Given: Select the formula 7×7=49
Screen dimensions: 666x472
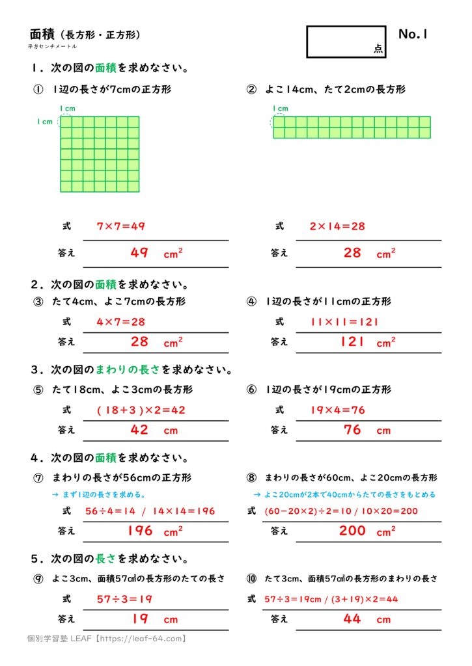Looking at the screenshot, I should pyautogui.click(x=120, y=226).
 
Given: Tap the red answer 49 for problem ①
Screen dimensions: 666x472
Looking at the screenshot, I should pyautogui.click(x=139, y=253).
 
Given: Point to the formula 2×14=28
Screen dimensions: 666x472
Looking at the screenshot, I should pyautogui.click(x=337, y=226).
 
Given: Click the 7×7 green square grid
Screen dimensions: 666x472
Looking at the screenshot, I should pyautogui.click(x=100, y=154).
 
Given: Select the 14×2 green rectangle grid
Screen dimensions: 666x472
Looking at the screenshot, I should pyautogui.click(x=352, y=127).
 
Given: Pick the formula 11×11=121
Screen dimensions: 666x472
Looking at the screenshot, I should pyautogui.click(x=344, y=321).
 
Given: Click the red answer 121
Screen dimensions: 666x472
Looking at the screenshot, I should pyautogui.click(x=352, y=341).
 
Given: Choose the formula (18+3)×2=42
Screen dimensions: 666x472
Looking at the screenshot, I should pyautogui.click(x=141, y=410).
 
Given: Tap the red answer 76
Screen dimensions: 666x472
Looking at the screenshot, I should pyautogui.click(x=352, y=430).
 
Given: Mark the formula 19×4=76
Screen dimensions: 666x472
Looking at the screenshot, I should pyautogui.click(x=337, y=410).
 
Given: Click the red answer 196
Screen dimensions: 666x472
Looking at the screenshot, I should pyautogui.click(x=139, y=531).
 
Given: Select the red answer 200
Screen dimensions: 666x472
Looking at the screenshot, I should pyautogui.click(x=352, y=531).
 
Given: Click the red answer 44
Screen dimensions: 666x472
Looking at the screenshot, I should pyautogui.click(x=352, y=619).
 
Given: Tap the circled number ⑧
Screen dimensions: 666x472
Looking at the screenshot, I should pyautogui.click(x=252, y=477).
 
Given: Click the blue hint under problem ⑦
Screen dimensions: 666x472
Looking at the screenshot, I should pyautogui.click(x=98, y=494).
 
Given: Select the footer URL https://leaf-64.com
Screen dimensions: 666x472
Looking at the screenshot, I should pyautogui.click(x=143, y=639).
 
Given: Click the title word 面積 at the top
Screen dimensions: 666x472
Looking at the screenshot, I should pyautogui.click(x=43, y=34).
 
